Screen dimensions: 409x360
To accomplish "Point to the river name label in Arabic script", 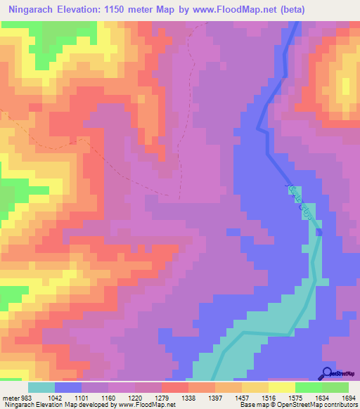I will pos(298,202).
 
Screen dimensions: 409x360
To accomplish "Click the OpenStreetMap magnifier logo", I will pos(328,374).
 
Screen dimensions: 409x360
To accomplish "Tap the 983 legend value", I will pos(25,398).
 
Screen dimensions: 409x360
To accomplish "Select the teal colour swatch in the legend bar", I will pos(41,387).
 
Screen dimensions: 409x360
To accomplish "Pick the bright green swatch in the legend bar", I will pos(309,387).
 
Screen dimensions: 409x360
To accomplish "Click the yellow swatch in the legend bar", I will pos(282,387).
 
